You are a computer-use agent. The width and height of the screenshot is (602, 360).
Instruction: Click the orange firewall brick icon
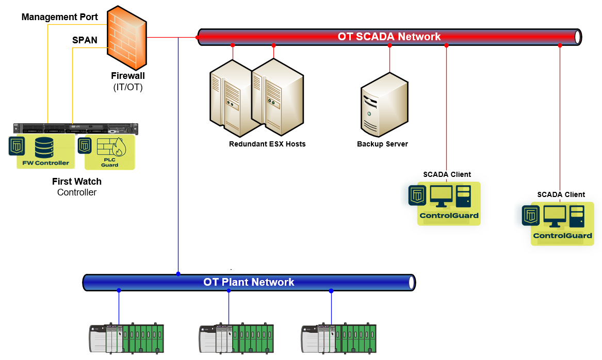pos(127,39)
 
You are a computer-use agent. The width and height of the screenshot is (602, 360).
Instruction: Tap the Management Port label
pos(60,17)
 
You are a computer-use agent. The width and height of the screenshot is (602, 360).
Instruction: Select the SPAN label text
pos(85,40)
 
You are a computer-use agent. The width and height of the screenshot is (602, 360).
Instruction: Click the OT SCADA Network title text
pos(389,37)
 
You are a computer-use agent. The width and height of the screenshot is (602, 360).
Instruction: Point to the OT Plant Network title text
pos(249,282)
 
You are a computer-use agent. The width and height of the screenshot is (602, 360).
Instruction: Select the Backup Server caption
pos(382,144)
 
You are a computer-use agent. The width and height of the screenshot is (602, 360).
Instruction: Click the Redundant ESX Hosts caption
pos(267,144)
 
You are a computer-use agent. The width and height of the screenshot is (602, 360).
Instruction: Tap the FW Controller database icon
pos(44,148)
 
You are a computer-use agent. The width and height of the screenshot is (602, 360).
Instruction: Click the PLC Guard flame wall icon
pos(110,148)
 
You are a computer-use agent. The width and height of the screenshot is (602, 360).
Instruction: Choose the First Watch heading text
pos(77,182)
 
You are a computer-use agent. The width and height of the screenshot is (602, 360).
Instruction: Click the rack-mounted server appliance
pos(76,128)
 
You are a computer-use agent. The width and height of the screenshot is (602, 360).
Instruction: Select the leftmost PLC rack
pos(126,338)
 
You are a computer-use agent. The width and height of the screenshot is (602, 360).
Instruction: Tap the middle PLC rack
pos(236,338)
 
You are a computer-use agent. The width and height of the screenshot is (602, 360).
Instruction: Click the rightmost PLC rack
pos(338,338)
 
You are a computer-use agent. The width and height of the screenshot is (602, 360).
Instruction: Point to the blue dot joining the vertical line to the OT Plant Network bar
pos(178,274)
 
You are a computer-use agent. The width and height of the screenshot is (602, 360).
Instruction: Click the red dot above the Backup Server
pos(389,45)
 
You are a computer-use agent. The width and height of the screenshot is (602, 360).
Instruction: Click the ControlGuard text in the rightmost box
pos(562,236)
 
